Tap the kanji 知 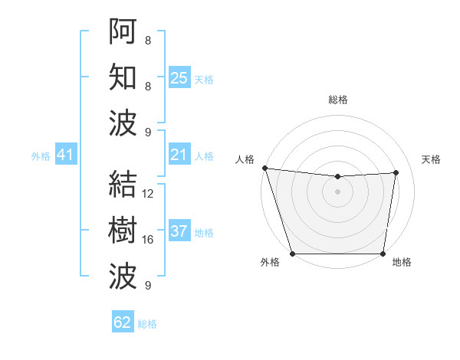[123, 77]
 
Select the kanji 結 [123, 185]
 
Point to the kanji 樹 [123, 231]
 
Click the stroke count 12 [148, 194]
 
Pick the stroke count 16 [148, 240]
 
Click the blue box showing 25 [179, 77]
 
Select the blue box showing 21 [179, 155]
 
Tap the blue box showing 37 [179, 231]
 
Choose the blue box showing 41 [65, 155]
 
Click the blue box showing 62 [123, 322]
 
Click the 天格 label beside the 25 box [204, 79]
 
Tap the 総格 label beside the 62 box [147, 324]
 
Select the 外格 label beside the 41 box [41, 156]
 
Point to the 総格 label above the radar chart [338, 100]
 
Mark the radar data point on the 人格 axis [264, 168]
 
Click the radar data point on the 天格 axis [396, 172]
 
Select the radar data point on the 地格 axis [383, 254]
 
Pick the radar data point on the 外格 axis [292, 254]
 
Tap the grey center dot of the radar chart [338, 191]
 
